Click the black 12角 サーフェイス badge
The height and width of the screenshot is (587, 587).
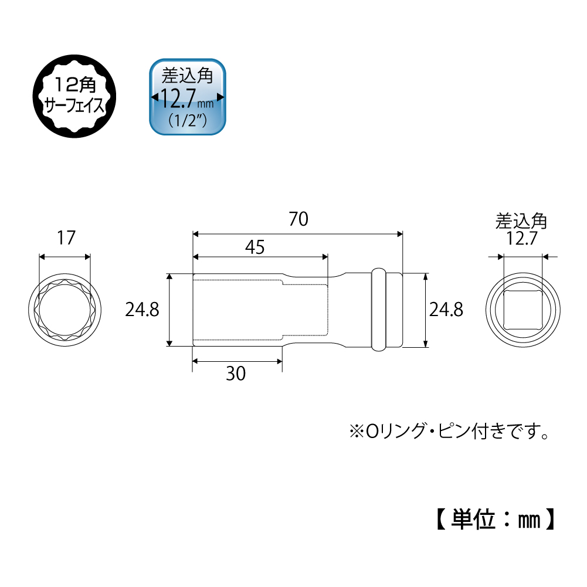(x=74, y=97)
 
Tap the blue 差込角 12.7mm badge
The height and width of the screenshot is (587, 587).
(x=187, y=97)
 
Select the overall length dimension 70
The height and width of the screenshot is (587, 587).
(x=298, y=220)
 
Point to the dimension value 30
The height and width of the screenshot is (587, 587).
(x=236, y=374)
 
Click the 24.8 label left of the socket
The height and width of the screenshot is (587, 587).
(x=142, y=310)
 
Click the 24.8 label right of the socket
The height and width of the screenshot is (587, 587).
(x=446, y=310)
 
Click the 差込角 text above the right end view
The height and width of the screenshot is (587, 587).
(x=521, y=222)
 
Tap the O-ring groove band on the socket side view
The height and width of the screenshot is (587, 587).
(x=379, y=310)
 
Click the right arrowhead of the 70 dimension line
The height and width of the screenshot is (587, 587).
(x=400, y=234)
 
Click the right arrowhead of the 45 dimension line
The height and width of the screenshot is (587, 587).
(x=324, y=257)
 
